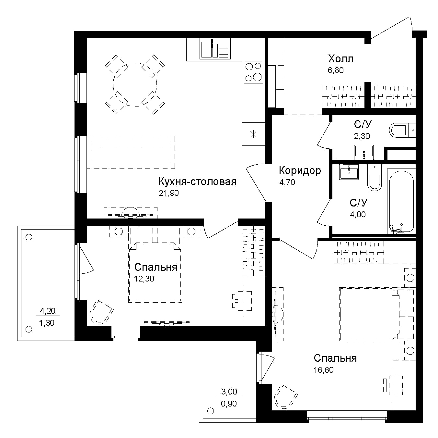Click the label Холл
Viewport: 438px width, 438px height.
click(340, 59)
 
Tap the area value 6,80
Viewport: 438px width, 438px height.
click(335, 70)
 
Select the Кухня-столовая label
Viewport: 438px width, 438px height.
click(197, 181)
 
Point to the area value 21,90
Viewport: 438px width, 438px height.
click(168, 193)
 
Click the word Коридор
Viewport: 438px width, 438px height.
click(300, 170)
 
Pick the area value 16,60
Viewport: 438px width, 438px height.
click(323, 370)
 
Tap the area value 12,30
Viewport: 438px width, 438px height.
click(144, 279)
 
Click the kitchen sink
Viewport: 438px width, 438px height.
click(210, 49)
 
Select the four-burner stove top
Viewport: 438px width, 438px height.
click(253, 72)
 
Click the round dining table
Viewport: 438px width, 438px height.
click(135, 84)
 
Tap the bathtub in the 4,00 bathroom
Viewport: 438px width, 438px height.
click(401, 201)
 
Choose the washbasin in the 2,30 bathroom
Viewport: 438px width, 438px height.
click(364, 152)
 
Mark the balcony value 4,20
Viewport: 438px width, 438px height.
click(47, 311)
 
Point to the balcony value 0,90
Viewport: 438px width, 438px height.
click(229, 404)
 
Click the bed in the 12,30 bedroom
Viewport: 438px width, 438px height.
click(155, 271)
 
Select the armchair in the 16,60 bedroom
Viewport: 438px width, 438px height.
click(285, 396)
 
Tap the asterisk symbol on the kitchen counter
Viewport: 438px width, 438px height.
click(253, 133)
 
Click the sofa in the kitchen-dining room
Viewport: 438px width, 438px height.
click(133, 152)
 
